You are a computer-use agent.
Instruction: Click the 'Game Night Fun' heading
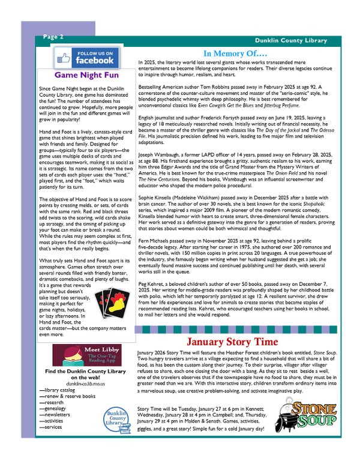tap(84, 76)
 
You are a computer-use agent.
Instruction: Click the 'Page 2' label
tap(53, 37)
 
